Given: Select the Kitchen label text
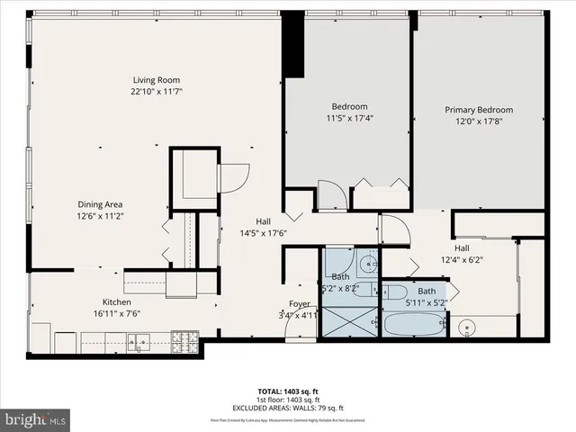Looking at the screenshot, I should [116, 301].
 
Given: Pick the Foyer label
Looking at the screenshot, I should [299, 303].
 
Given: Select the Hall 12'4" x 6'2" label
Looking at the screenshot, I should [461, 254].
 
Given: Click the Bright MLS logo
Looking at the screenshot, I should [35, 418].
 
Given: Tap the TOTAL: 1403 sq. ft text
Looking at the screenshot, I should [288, 391].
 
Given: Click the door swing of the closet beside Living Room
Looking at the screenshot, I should [232, 176].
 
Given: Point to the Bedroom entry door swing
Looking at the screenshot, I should [328, 194].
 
